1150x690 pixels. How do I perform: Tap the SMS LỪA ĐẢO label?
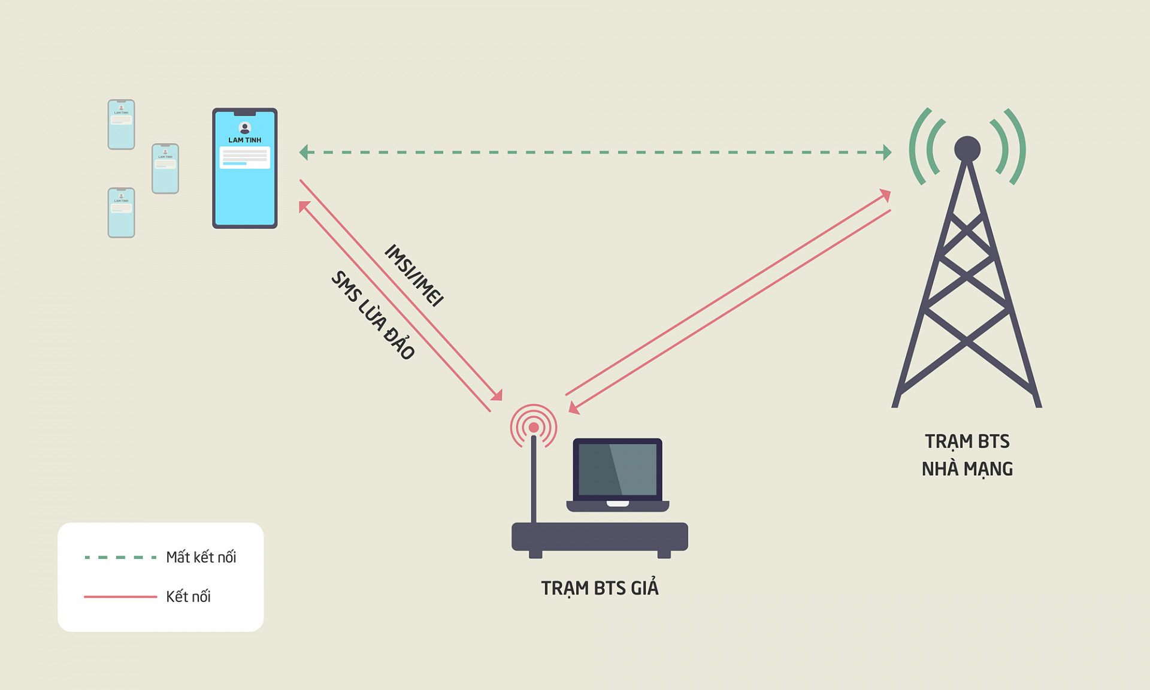click(x=373, y=315)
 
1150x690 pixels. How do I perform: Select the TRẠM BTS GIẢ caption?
click(x=600, y=588)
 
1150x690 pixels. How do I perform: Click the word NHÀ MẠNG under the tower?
click(x=967, y=469)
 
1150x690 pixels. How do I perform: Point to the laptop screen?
click(x=618, y=470)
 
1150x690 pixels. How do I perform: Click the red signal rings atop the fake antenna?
click(x=533, y=427)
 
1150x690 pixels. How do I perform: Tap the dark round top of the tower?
click(x=967, y=149)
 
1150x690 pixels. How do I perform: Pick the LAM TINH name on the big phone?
click(x=244, y=140)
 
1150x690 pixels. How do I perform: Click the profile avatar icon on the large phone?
click(x=244, y=128)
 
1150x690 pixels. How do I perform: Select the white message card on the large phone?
click(x=244, y=158)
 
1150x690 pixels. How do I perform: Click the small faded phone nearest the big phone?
click(x=165, y=168)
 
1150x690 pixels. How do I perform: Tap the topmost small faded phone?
click(x=121, y=124)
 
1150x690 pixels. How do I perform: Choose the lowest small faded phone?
click(x=121, y=213)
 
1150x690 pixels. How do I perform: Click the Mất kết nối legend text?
click(x=201, y=558)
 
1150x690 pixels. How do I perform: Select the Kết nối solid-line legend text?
click(x=188, y=597)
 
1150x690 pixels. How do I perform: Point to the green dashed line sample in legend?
click(x=120, y=558)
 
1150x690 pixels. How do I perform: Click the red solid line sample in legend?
click(x=120, y=597)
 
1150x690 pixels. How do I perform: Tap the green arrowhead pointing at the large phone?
click(x=304, y=152)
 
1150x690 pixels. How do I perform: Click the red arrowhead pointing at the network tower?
click(x=885, y=195)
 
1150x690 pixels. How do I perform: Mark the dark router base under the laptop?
click(x=600, y=537)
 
